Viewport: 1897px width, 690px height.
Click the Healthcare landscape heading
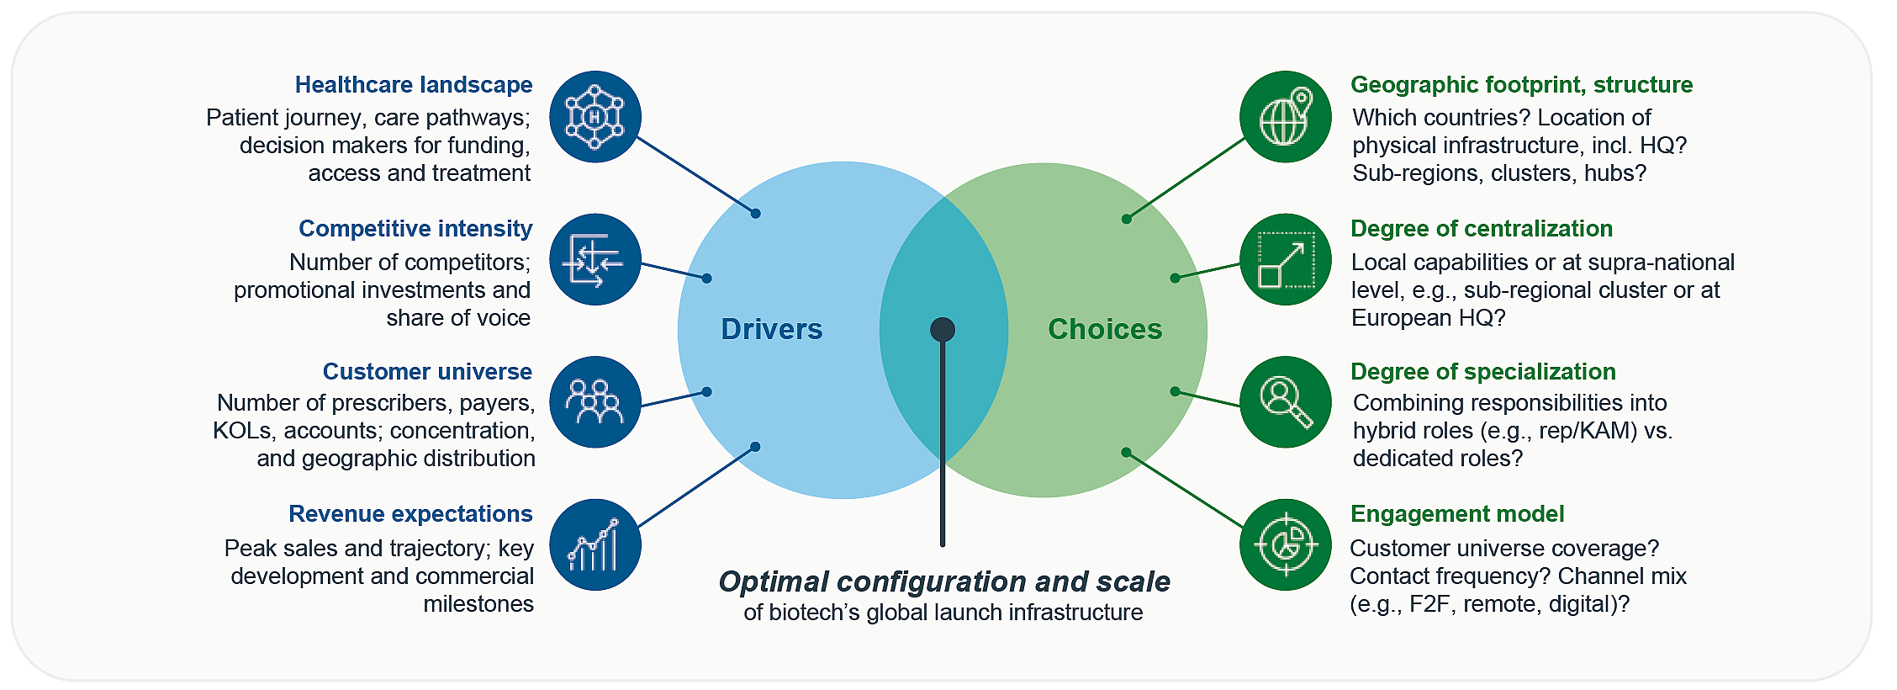pyautogui.click(x=414, y=85)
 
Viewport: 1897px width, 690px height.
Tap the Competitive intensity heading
pyautogui.click(x=415, y=229)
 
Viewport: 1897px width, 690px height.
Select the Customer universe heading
pyautogui.click(x=427, y=372)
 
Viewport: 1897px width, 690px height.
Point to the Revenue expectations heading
pyautogui.click(x=410, y=514)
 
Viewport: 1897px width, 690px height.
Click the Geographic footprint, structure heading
pyautogui.click(x=1521, y=85)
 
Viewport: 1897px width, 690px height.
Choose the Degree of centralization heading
pyautogui.click(x=1481, y=229)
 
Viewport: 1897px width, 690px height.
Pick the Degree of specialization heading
pyautogui.click(x=1482, y=372)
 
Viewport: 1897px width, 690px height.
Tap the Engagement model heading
pyautogui.click(x=1456, y=514)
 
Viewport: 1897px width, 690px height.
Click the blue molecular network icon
pyautogui.click(x=595, y=117)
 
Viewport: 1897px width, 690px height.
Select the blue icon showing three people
pyautogui.click(x=595, y=402)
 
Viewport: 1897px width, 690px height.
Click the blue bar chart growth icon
pyautogui.click(x=595, y=544)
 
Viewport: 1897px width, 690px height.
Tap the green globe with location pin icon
pyautogui.click(x=1285, y=117)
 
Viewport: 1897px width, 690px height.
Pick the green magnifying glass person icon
pyautogui.click(x=1285, y=402)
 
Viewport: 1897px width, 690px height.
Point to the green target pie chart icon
pyautogui.click(x=1285, y=544)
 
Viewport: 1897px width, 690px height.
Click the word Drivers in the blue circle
pyautogui.click(x=771, y=329)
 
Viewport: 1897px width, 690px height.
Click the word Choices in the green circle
pyautogui.click(x=1104, y=329)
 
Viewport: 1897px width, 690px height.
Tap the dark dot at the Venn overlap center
pyautogui.click(x=943, y=329)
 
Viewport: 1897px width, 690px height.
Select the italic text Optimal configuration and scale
pyautogui.click(x=943, y=581)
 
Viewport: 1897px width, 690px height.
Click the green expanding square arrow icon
pyautogui.click(x=1285, y=259)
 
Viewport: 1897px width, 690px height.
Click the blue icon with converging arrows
pyautogui.click(x=595, y=259)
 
